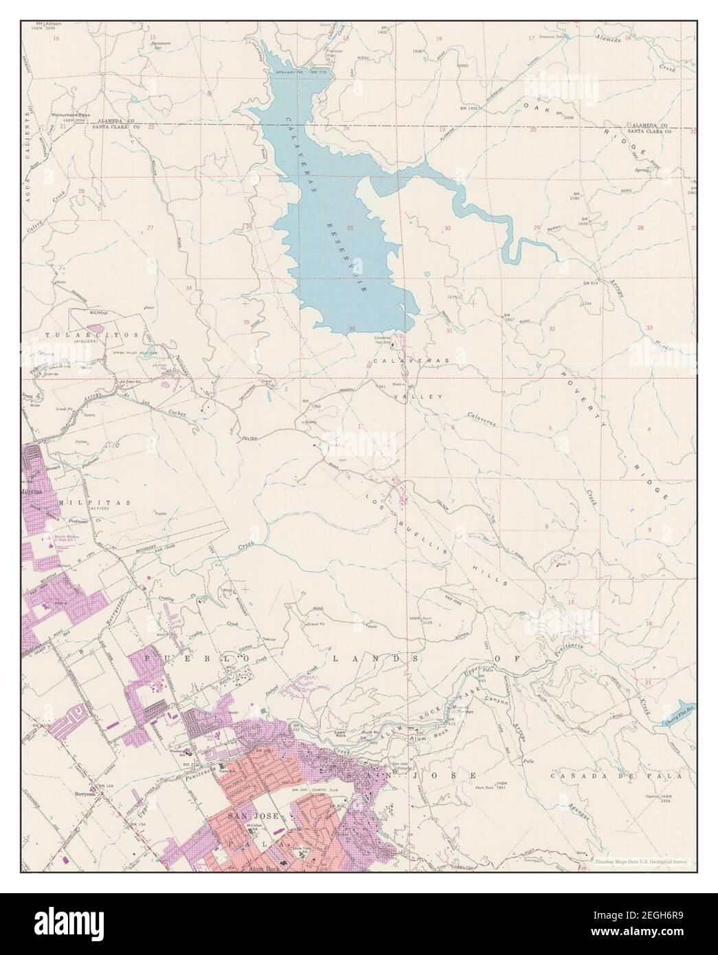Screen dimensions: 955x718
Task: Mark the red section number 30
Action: (447, 228)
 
